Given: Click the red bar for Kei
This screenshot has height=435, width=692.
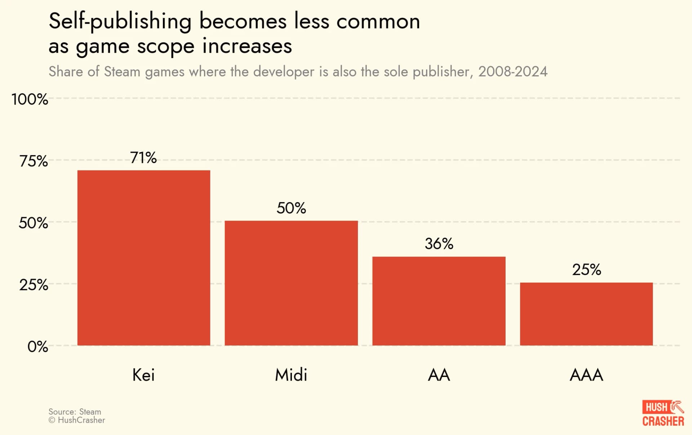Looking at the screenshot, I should [x=143, y=258].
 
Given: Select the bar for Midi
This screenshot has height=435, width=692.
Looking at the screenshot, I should [x=291, y=283].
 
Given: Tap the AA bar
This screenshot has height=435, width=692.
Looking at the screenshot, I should [x=439, y=301].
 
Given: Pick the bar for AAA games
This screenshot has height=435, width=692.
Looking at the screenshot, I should [x=586, y=314].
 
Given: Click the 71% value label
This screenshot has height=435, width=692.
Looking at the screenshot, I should [x=143, y=158].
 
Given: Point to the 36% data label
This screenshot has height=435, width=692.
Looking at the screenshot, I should [x=439, y=244].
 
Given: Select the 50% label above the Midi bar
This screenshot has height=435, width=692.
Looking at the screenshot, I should [x=291, y=208].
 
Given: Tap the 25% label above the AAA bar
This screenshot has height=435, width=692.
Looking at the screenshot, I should [x=586, y=270].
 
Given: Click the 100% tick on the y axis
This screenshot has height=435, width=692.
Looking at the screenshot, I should [x=30, y=99].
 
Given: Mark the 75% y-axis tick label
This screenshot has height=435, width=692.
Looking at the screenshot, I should [x=34, y=161].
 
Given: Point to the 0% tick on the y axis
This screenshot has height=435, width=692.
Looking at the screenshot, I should [x=37, y=347].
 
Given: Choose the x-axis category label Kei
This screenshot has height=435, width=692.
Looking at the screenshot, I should [x=143, y=375].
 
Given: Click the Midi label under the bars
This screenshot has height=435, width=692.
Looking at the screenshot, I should [x=291, y=375].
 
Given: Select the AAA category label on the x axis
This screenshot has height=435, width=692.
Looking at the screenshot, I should [x=586, y=375].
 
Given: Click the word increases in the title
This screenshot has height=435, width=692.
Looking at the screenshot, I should [x=247, y=46].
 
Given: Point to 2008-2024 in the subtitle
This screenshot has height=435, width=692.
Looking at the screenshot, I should [x=513, y=72].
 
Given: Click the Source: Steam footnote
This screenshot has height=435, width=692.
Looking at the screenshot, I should [x=75, y=412].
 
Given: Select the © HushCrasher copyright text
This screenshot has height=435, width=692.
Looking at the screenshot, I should [x=77, y=420].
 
